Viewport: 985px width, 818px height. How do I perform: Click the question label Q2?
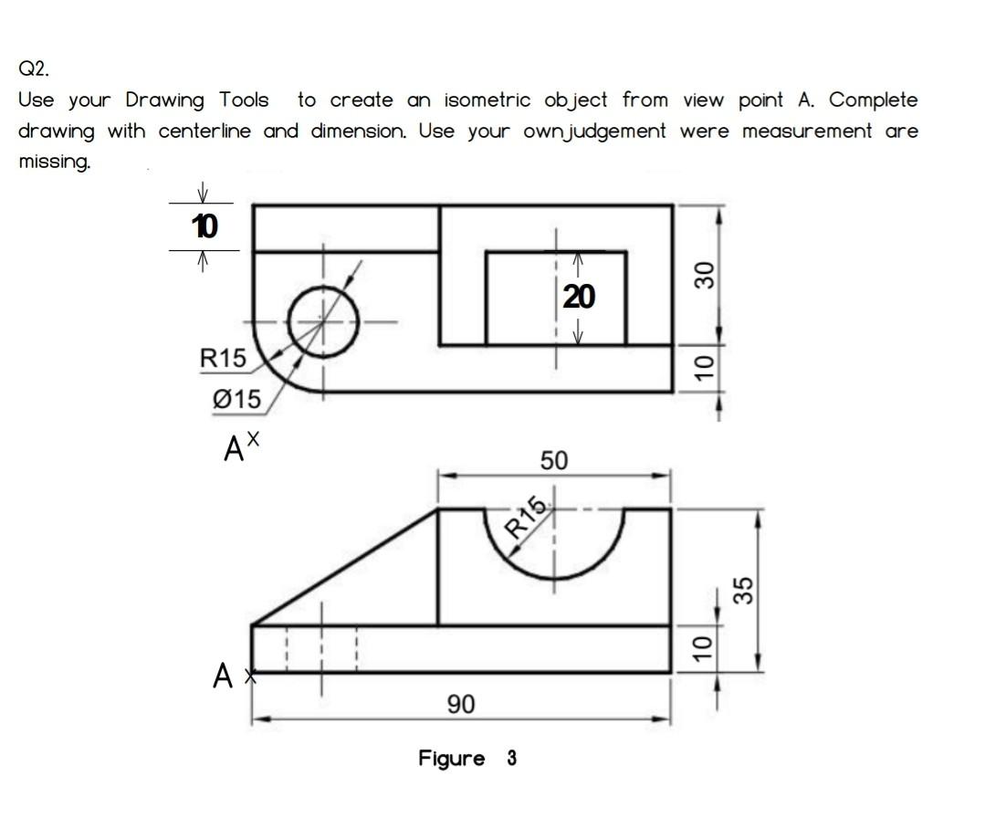click(x=30, y=68)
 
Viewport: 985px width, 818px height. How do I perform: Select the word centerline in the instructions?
click(x=208, y=131)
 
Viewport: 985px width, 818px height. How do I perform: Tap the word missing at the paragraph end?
click(x=53, y=163)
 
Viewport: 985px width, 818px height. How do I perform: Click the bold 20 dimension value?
click(x=579, y=296)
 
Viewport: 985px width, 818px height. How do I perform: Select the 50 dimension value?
click(x=553, y=461)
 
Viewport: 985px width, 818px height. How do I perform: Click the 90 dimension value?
click(x=461, y=704)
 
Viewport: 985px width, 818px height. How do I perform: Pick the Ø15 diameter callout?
click(x=236, y=399)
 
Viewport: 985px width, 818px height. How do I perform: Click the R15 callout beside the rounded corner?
click(x=223, y=359)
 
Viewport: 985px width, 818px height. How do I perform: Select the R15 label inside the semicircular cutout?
click(x=527, y=519)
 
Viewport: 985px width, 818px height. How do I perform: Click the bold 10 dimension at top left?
click(x=204, y=226)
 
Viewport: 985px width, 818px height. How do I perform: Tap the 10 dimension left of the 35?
click(x=699, y=648)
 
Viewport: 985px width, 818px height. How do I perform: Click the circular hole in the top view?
click(x=322, y=320)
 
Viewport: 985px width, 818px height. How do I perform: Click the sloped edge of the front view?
click(x=345, y=568)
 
